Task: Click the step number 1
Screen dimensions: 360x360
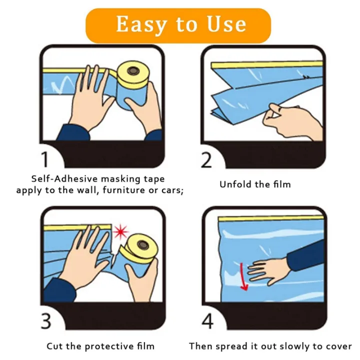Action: [x=45, y=159]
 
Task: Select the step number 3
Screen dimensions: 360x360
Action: [x=45, y=320]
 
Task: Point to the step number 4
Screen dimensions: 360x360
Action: [x=207, y=320]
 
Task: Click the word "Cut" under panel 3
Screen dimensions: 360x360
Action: [x=54, y=346]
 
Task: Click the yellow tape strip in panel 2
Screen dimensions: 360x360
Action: [x=265, y=65]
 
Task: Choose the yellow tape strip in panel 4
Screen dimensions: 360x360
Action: [x=270, y=217]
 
